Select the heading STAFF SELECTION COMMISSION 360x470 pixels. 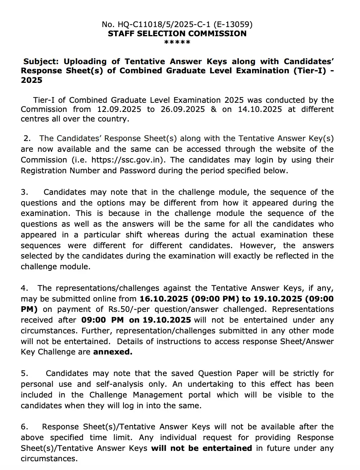pyautogui.click(x=177, y=33)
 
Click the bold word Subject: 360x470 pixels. pyautogui.click(x=42, y=61)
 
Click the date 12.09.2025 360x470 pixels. pyautogui.click(x=121, y=109)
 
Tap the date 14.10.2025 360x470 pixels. pyautogui.click(x=260, y=109)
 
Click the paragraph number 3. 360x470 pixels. pyautogui.click(x=24, y=192)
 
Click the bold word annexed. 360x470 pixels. pyautogui.click(x=113, y=352)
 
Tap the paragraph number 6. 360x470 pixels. pyautogui.click(x=24, y=427)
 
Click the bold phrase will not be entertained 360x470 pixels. pyautogui.click(x=202, y=448)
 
